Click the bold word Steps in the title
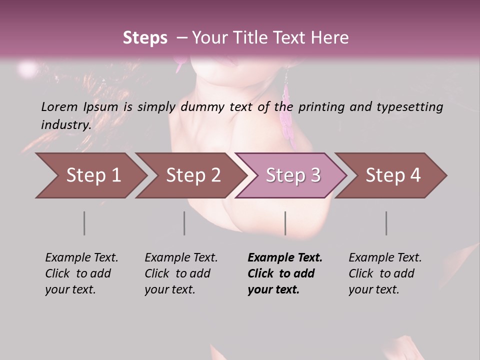tap(145, 38)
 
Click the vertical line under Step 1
tap(84, 223)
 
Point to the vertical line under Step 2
tap(184, 223)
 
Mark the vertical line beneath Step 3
tap(285, 223)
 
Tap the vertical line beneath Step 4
tap(386, 223)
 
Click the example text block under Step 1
tap(81, 273)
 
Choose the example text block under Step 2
tap(181, 273)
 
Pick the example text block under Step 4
tap(385, 273)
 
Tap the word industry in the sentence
tap(65, 124)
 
